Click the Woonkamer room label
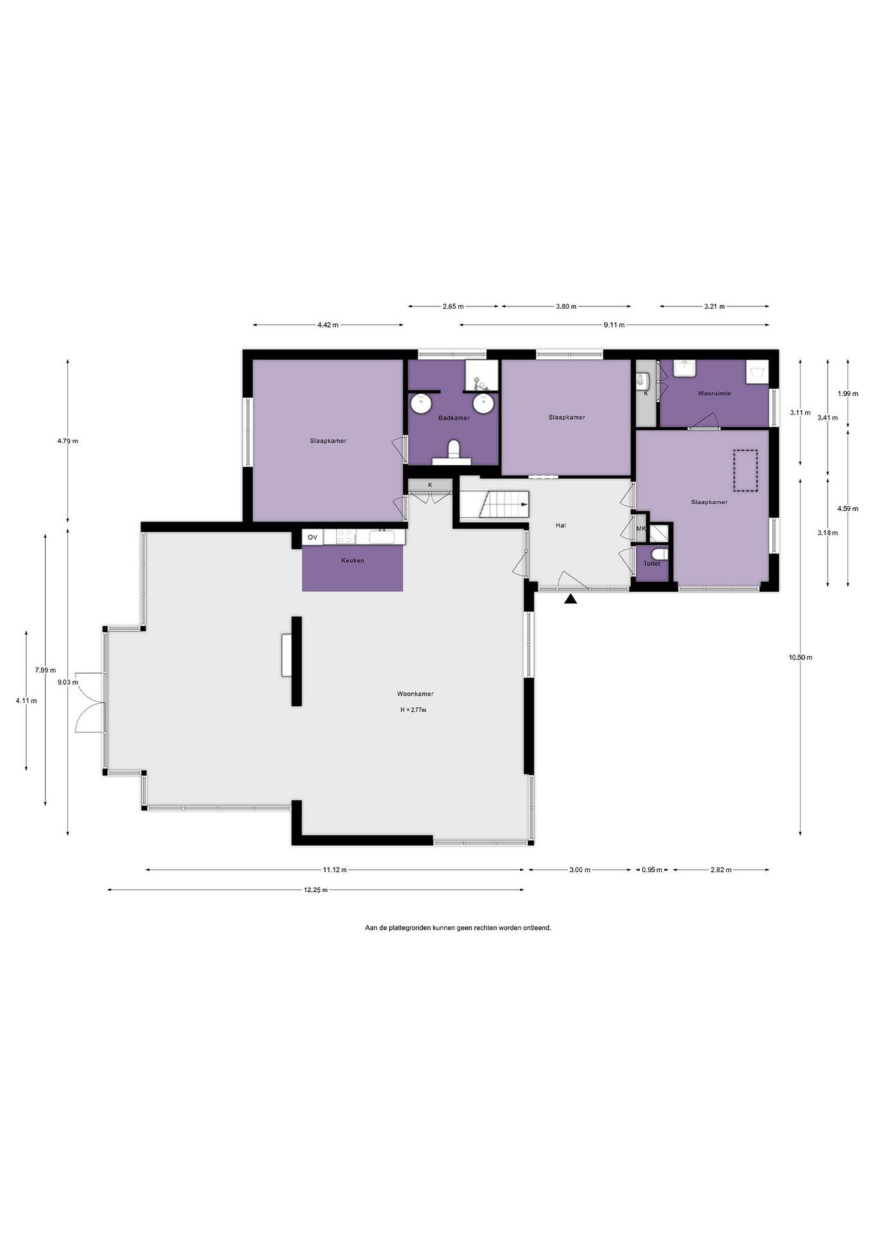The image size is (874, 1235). (x=415, y=694)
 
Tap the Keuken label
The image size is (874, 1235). (x=353, y=560)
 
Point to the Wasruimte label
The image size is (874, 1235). (x=714, y=393)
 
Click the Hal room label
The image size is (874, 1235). (x=561, y=526)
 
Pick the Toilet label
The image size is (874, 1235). (x=652, y=564)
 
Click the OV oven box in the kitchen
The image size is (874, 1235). (x=313, y=537)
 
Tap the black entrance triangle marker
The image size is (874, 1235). (x=571, y=599)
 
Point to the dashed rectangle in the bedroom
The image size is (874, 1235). (x=745, y=471)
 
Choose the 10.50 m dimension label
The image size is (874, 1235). (x=801, y=657)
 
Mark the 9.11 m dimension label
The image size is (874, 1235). (x=614, y=325)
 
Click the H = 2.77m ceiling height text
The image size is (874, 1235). (x=413, y=710)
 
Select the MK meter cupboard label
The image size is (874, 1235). (x=641, y=529)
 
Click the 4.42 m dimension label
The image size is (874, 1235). (x=328, y=325)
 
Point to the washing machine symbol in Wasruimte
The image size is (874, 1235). (x=757, y=372)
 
